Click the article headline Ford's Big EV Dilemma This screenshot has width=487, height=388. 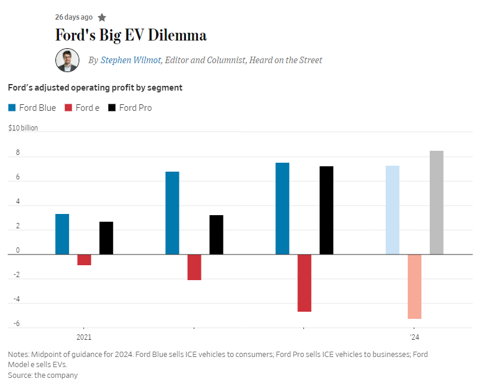point(131,35)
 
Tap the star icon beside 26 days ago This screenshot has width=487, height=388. point(102,17)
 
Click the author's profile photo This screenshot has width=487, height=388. point(67,60)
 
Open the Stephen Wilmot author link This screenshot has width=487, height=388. point(131,60)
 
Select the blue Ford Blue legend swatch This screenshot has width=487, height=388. point(12,108)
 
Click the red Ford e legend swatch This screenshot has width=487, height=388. point(68,108)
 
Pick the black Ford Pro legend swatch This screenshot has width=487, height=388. point(112,108)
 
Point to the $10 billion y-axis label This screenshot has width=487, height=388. point(23,128)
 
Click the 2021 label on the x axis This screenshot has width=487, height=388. point(83,337)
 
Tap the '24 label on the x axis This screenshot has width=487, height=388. point(414,337)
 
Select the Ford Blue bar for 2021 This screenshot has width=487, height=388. point(62,234)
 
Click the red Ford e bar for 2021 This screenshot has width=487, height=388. point(84,260)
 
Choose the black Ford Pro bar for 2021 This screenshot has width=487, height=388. point(106,238)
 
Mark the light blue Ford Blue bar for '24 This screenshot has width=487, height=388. point(392,210)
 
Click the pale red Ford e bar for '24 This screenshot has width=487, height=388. point(414,287)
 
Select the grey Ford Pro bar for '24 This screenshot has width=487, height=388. point(436,203)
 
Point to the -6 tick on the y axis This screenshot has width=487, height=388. point(17,324)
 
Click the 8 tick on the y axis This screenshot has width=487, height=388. point(17,153)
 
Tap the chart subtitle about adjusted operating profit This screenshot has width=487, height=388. point(95,88)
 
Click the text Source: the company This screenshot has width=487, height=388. point(43,375)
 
